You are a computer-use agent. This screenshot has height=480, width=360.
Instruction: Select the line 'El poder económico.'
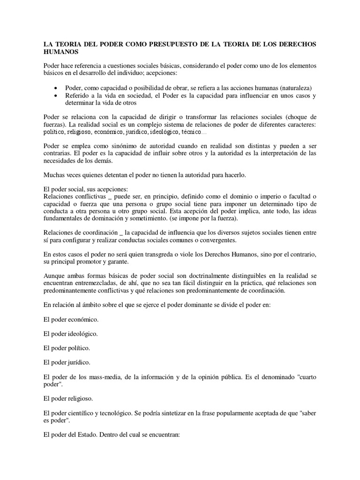pos(71,319)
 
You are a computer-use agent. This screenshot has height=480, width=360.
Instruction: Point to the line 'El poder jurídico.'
pos(67,362)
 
